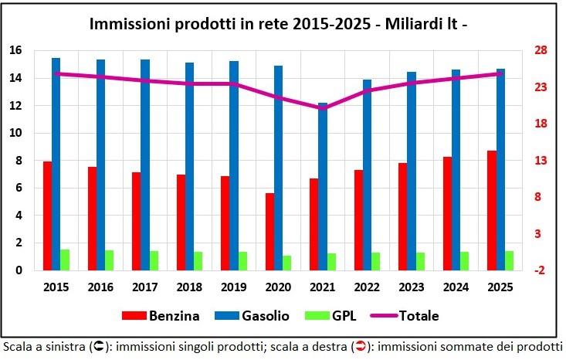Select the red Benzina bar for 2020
269,232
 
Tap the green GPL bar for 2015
65,260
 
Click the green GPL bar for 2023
420,261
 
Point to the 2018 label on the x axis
189,287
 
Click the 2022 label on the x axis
367,287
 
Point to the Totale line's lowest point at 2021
323,108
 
